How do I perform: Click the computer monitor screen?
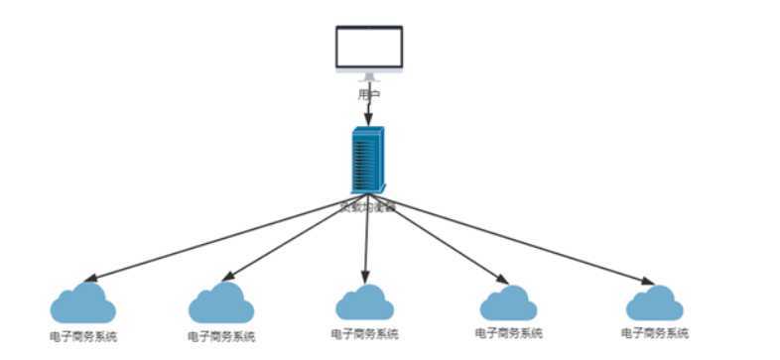click(x=369, y=48)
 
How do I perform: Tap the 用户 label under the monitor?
click(x=369, y=94)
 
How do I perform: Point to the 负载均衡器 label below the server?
click(x=368, y=207)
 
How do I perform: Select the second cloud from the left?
click(x=220, y=302)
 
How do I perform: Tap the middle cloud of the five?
click(x=364, y=302)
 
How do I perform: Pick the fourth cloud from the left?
click(x=508, y=302)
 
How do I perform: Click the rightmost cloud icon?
click(x=654, y=302)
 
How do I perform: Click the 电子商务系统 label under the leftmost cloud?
click(x=83, y=336)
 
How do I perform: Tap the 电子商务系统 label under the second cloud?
click(x=220, y=336)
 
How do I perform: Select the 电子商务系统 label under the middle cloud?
click(x=364, y=332)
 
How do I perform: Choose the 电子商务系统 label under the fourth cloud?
click(x=508, y=333)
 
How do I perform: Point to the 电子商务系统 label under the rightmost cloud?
click(x=654, y=333)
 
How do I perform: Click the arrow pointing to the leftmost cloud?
click(x=218, y=239)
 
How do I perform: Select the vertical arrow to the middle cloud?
click(x=367, y=238)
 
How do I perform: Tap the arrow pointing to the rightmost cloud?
click(x=516, y=239)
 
